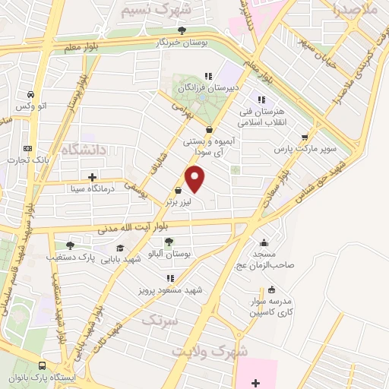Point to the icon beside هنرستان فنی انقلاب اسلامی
[x=262, y=100]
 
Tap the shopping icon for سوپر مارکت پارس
[x=305, y=138]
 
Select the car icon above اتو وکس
[x=30, y=94]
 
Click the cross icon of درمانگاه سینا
[x=92, y=178]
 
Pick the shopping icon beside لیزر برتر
[x=178, y=191]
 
